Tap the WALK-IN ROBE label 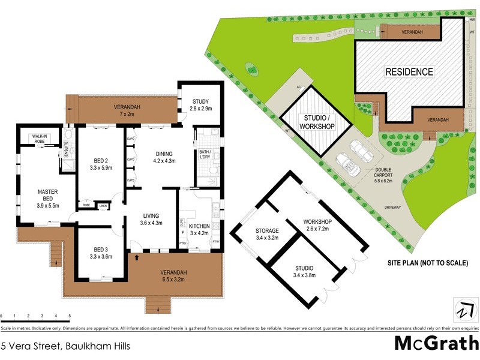[x=40, y=139]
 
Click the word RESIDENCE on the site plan [x=409, y=71]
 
